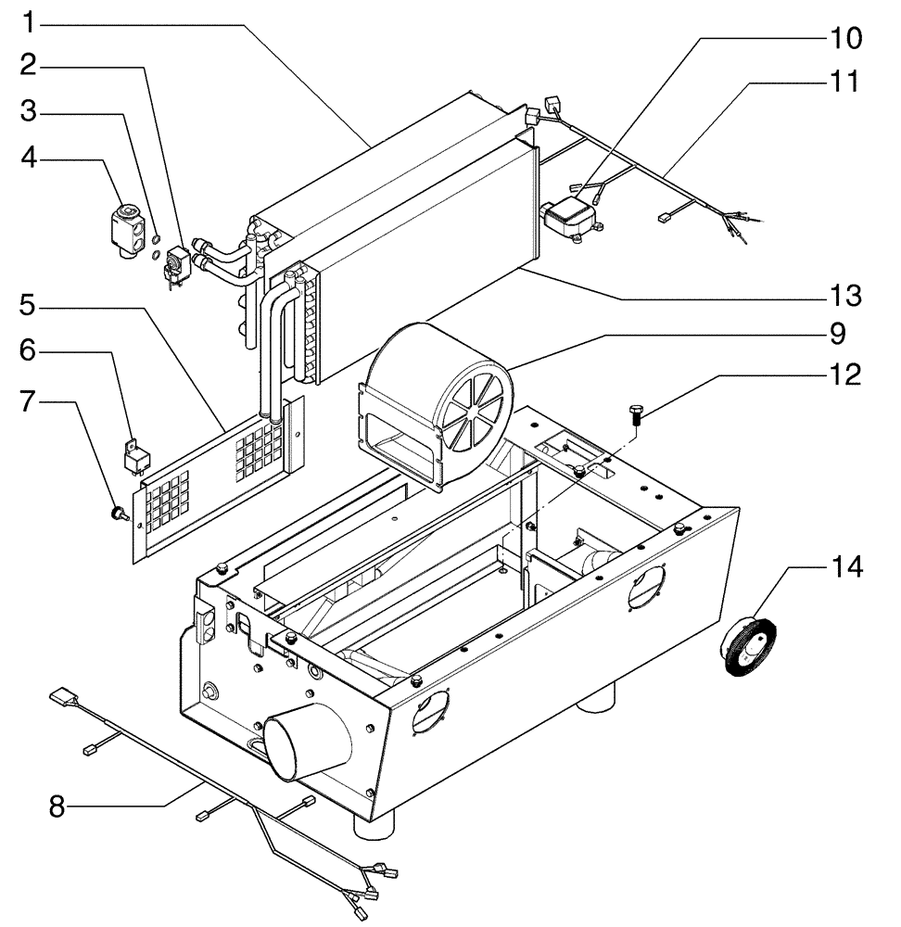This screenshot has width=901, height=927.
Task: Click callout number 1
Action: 30,19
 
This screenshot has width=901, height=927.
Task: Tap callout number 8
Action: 57,806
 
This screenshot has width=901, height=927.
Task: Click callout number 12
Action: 844,374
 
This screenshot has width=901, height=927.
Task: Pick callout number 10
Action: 844,38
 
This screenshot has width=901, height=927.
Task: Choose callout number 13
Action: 844,296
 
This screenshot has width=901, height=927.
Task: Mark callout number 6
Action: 30,351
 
